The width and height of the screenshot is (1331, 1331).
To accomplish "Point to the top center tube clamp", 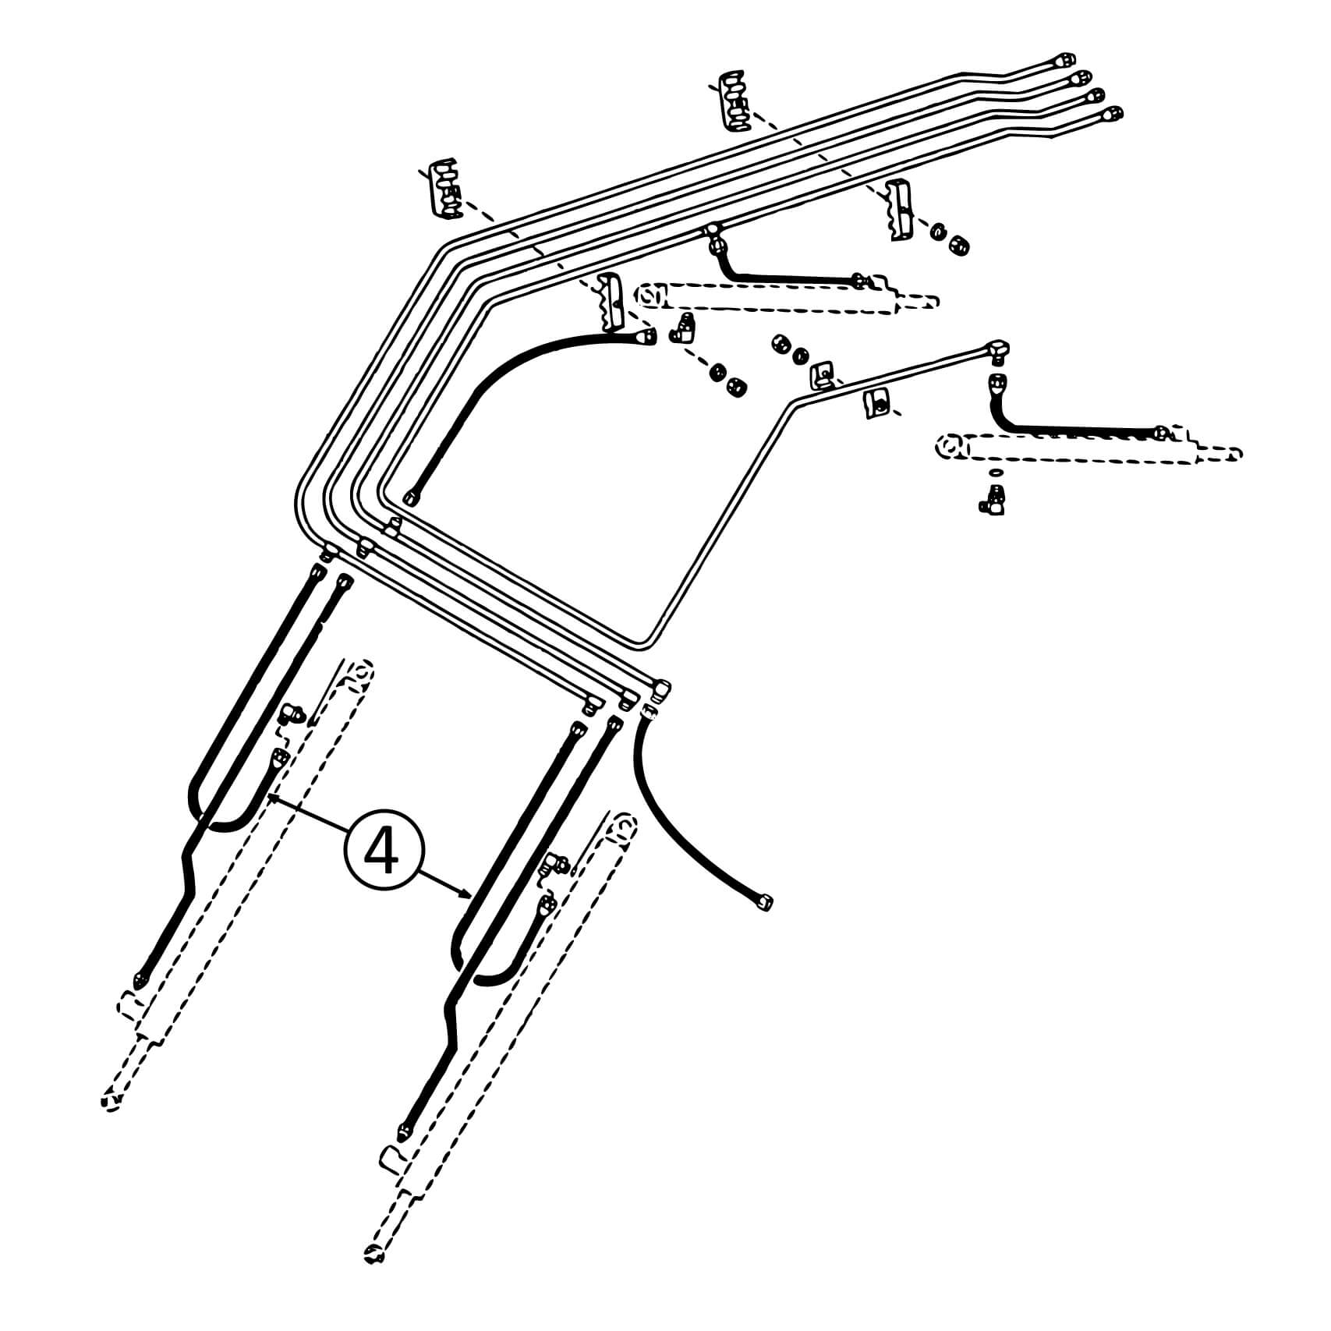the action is coord(732,101).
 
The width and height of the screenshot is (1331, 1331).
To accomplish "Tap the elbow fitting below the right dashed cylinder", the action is coord(992,498).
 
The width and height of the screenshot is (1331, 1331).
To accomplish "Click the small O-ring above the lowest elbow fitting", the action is coord(995,473).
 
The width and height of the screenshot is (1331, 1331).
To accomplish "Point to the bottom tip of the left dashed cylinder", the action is coord(111,1101).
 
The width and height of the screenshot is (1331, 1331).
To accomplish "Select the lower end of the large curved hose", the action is coord(411,497).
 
